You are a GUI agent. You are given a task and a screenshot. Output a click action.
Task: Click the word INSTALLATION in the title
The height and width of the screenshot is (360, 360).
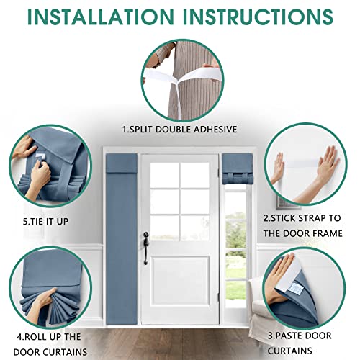point(101,17)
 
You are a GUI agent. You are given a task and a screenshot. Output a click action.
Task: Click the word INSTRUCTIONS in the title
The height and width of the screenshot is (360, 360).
point(258,17)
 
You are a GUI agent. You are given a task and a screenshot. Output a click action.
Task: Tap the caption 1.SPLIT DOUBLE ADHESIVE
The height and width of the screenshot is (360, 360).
point(179,130)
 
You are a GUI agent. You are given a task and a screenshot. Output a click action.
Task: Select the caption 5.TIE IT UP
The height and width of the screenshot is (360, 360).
point(45,221)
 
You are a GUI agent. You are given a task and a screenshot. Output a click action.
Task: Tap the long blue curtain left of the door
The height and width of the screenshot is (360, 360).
point(122,239)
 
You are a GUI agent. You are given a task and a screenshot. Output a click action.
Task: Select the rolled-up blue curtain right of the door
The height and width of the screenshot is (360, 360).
point(238,169)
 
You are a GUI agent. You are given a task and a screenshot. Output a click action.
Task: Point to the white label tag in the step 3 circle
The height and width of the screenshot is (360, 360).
point(295,288)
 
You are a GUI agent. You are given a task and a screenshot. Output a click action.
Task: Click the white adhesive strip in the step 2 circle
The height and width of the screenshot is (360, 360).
point(301,164)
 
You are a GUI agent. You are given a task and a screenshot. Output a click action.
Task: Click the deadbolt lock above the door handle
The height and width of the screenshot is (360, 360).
point(145,234)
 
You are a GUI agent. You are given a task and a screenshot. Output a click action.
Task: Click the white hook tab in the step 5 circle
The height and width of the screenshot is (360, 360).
point(41,158)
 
